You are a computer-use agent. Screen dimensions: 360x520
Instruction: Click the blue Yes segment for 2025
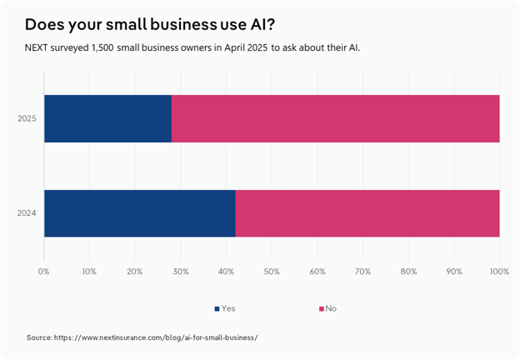coord(107,118)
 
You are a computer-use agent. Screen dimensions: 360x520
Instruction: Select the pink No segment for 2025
coord(335,118)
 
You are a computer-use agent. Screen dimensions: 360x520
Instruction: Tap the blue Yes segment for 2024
coord(139,213)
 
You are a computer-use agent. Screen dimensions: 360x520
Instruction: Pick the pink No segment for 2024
coord(367,213)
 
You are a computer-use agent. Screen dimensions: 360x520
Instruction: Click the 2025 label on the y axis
coord(27,118)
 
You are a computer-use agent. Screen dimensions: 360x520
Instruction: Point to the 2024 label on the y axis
coord(27,213)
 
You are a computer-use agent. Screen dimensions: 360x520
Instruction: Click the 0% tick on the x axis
coord(44,271)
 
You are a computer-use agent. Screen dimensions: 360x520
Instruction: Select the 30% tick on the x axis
coord(181,271)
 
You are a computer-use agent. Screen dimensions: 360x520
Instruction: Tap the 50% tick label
coord(272,271)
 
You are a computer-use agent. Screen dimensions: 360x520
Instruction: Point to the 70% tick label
coord(363,271)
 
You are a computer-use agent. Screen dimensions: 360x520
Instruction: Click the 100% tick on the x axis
coord(499,271)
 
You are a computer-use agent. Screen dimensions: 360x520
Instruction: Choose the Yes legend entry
coord(225,308)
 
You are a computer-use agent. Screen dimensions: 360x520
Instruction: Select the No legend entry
coord(327,308)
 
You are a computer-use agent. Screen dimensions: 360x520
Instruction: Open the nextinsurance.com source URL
coord(157,337)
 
